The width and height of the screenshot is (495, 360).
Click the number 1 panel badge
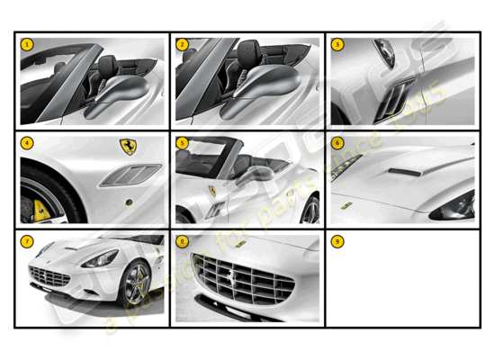[x=26, y=44]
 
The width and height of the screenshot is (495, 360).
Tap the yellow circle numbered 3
[x=337, y=44]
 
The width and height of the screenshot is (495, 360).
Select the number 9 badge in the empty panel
[x=337, y=241]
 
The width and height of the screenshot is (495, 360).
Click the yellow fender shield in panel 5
[x=212, y=191]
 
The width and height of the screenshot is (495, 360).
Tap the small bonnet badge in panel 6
[x=346, y=205]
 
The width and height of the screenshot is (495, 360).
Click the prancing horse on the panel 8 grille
[x=241, y=276]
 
